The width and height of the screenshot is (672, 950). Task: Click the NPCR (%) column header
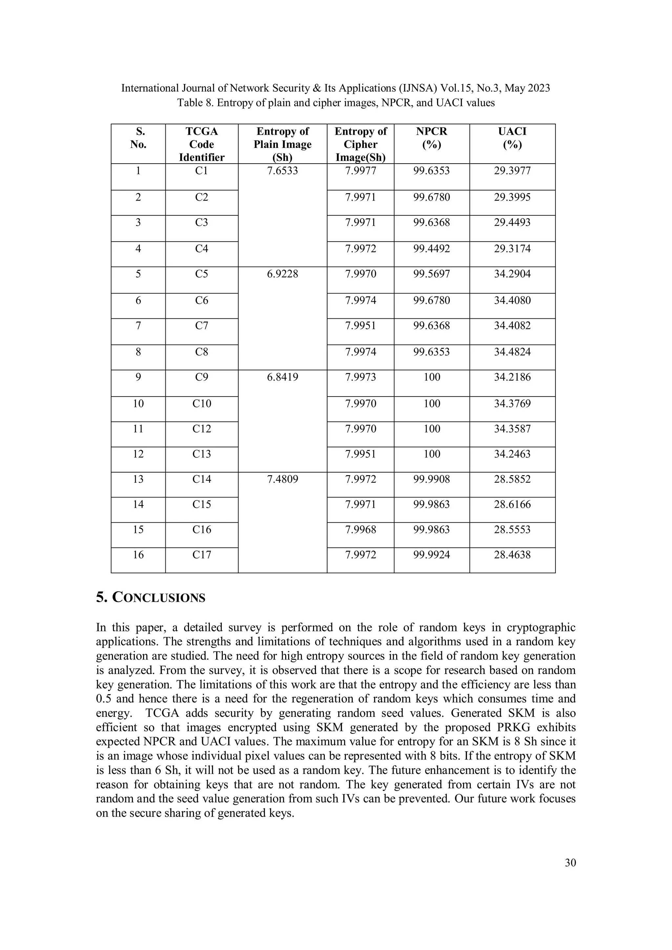coord(431,138)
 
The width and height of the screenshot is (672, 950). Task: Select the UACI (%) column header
coord(512,138)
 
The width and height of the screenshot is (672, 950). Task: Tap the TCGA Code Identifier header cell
coord(202,144)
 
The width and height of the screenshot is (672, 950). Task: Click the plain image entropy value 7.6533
coord(283,171)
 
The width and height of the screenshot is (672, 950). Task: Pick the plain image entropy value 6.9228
coord(283,274)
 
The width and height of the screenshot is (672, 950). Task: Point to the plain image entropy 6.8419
coord(283,377)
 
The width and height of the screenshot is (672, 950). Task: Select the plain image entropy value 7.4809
coord(283,479)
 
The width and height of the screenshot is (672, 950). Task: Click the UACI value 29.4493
coord(512,222)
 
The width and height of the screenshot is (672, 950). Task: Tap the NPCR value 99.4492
coord(431,249)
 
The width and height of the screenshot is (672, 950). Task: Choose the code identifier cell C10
coord(202,403)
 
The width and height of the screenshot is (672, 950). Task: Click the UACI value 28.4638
coord(512,555)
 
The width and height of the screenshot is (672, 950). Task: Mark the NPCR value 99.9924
coord(431,555)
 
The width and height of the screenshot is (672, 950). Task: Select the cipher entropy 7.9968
coord(361,529)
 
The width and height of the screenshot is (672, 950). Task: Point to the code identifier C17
coord(202,555)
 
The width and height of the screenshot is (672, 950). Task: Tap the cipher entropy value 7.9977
coord(361,171)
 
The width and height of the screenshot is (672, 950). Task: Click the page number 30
coord(570,863)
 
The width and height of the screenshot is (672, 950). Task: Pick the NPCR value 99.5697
coord(431,274)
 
